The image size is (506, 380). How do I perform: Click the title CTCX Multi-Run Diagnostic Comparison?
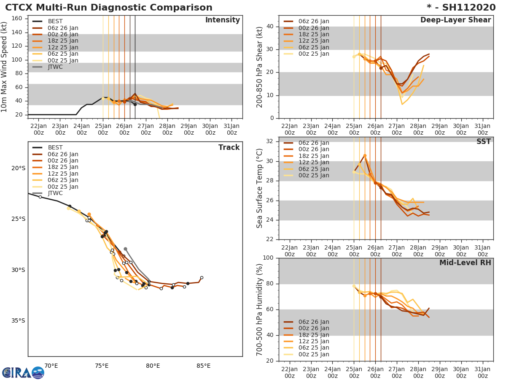click(109, 8)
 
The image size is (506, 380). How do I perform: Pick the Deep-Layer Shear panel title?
click(455, 20)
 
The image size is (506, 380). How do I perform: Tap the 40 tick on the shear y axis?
click(270, 26)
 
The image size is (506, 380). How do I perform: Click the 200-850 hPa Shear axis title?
click(260, 67)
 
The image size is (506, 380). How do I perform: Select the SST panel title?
click(483, 142)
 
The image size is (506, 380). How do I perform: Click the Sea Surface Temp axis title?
click(260, 188)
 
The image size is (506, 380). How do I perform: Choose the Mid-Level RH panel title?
click(465, 263)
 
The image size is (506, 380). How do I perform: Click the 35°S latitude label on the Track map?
click(19, 320)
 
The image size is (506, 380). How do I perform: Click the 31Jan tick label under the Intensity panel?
click(232, 129)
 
